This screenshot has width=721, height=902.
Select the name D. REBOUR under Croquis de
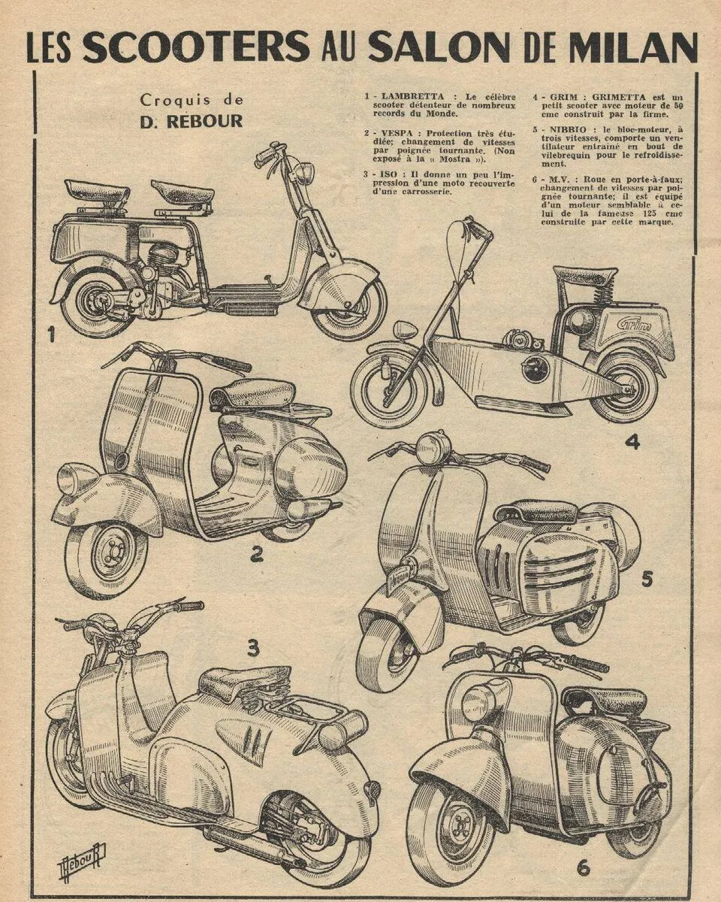pos(191,121)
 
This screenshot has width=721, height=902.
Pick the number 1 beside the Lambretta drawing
pos(51,334)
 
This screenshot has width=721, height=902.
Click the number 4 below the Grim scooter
pos(632,442)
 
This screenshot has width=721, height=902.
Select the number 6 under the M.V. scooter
pos(583,867)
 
